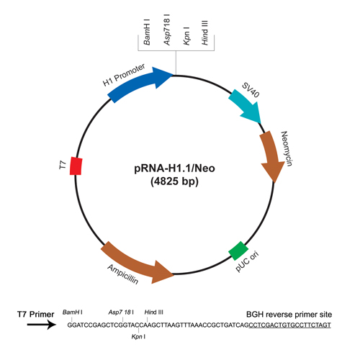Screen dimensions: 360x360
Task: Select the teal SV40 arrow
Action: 246,107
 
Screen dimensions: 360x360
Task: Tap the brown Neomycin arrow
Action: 271,155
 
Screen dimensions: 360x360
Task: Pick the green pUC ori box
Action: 238,251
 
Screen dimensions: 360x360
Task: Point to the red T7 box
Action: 76,166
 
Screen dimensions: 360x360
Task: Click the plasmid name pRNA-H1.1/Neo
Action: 174,168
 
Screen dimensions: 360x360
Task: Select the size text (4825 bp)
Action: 174,181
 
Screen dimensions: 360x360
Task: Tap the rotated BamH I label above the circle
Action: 147,32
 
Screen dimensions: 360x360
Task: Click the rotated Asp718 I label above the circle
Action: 167,30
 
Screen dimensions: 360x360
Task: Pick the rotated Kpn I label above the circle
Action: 186,35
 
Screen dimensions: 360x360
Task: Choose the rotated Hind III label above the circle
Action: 204,32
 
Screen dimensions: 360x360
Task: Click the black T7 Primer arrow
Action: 42,325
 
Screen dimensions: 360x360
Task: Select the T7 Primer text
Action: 36,314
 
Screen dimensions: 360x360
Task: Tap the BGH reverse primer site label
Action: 289,315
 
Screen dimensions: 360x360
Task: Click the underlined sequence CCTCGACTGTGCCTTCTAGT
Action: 290,325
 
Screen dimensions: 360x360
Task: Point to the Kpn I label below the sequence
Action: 138,337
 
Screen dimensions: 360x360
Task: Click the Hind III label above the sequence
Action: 154,312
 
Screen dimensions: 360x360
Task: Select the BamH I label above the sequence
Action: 73,312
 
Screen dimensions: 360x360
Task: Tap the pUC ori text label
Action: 247,261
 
